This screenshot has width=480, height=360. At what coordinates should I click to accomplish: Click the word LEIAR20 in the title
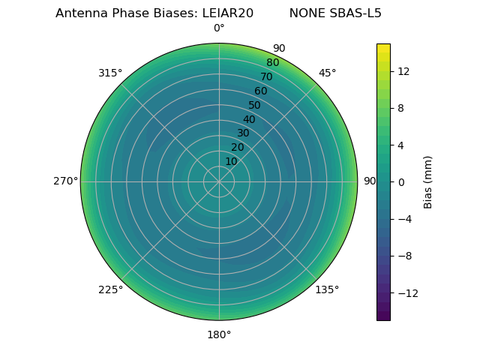pos(227,13)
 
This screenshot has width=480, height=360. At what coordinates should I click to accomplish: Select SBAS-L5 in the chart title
pos(355,13)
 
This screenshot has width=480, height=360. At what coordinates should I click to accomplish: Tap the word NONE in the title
pos(306,13)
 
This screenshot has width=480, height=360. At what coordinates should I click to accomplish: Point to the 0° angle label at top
pos(219,28)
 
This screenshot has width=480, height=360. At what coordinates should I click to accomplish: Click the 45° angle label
pos(327,73)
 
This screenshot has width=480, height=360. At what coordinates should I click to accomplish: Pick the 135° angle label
pos(327,289)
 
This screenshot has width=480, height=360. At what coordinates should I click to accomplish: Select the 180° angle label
pos(219,334)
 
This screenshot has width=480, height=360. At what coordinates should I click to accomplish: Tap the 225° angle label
pos(110,289)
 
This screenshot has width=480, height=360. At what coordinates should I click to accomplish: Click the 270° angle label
pos(65,181)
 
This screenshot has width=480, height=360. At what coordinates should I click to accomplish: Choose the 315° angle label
pos(110,73)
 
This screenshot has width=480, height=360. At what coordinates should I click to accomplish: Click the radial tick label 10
pos(231,161)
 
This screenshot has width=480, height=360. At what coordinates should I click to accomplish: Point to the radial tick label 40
pos(249,119)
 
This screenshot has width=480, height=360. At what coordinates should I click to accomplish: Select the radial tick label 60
pos(261,91)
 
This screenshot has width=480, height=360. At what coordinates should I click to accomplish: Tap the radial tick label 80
pos(272,63)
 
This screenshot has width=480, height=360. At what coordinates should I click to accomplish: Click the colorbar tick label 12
pos(403,71)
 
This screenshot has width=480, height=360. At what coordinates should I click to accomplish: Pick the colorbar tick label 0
pos(400,182)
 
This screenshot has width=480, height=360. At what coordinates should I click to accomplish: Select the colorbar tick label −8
pos(403,256)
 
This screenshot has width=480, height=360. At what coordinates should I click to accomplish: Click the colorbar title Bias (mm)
pos(428,181)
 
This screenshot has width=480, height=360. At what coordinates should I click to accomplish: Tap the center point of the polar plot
pos(219,181)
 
